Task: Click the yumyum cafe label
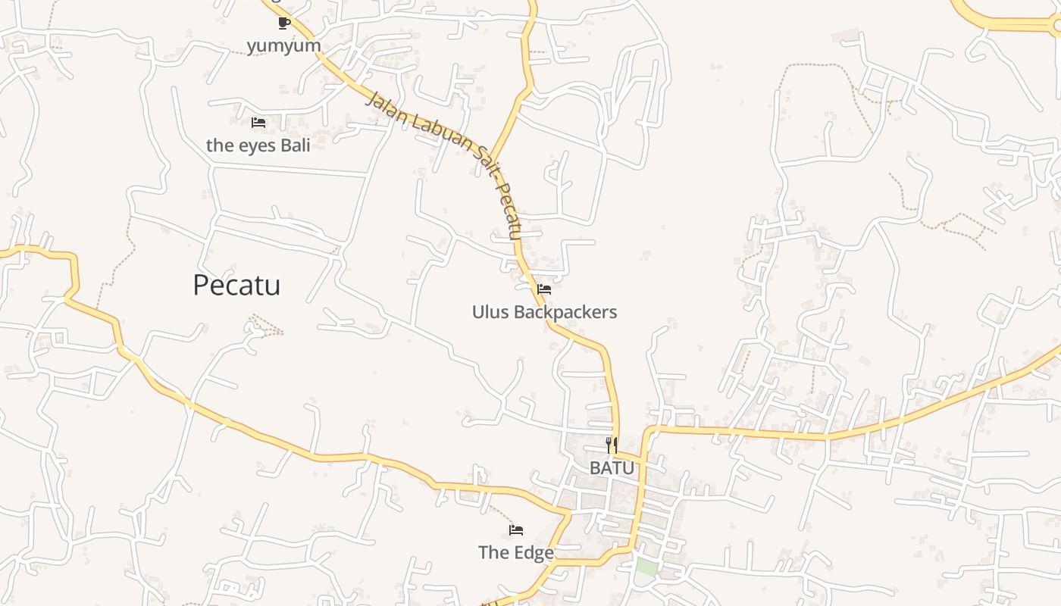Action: [283, 46]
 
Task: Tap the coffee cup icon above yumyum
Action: [283, 23]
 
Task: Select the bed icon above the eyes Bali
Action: [258, 123]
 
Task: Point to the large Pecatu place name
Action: [236, 286]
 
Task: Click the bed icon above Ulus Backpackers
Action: [543, 289]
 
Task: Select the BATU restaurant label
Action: [612, 468]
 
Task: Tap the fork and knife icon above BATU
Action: [612, 445]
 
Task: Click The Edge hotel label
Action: [516, 553]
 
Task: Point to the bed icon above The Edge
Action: [516, 530]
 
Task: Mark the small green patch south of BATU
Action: [646, 567]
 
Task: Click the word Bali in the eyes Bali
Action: [295, 145]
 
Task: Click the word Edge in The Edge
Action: [535, 553]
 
